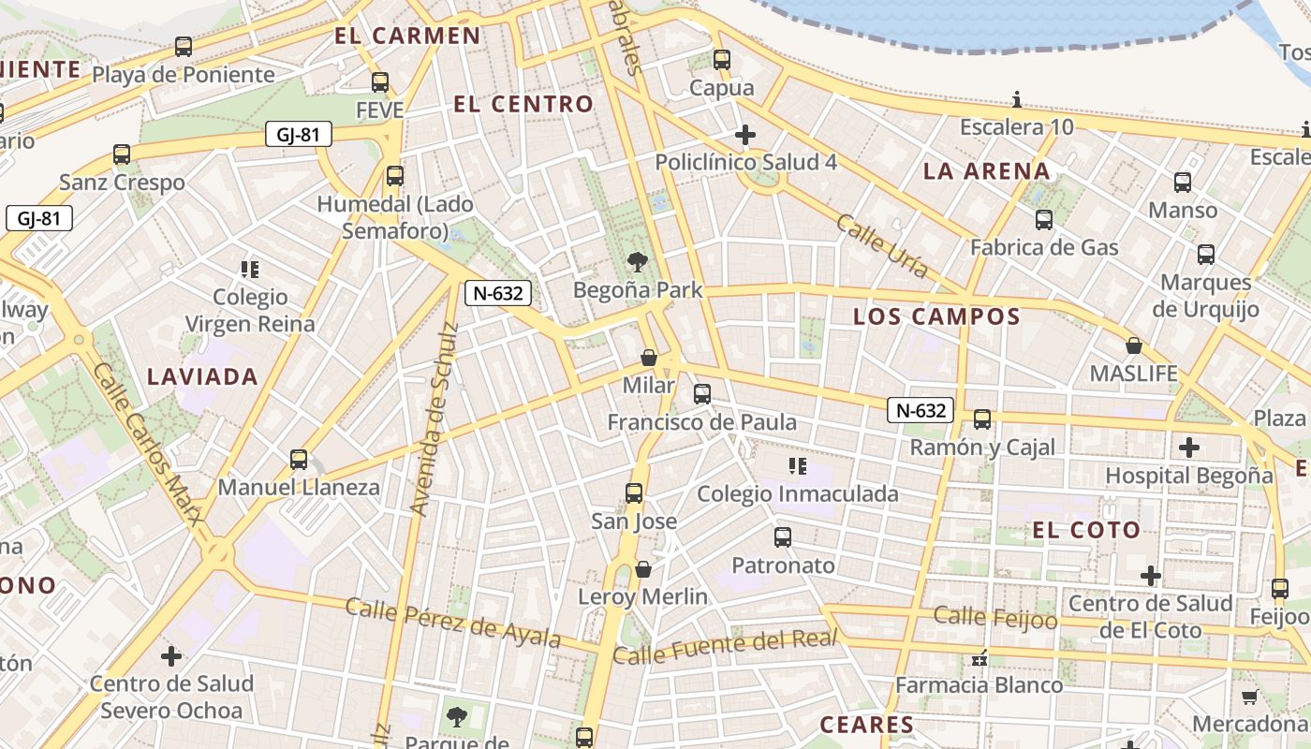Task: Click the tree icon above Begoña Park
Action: [x=638, y=261]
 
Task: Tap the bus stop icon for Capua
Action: [x=721, y=59]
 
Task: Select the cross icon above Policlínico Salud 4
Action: [x=745, y=135]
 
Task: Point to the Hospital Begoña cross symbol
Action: [x=1189, y=448]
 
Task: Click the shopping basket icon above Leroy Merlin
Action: [x=643, y=568]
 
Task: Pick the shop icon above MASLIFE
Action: [x=1133, y=345]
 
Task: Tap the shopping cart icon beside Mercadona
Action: [x=1248, y=697]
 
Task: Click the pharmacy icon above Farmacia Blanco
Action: [x=980, y=658]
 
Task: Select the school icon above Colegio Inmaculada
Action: [x=798, y=465]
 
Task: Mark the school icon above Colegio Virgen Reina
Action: [x=249, y=270]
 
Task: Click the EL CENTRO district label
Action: [x=523, y=104]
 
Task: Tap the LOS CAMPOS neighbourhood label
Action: [x=936, y=316]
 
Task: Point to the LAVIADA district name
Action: [x=202, y=376]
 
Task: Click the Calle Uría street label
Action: [x=882, y=246]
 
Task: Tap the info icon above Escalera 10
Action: [x=1017, y=99]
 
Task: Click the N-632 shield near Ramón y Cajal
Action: [x=921, y=410]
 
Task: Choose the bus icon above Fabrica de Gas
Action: [x=1043, y=220]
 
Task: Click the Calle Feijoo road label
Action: [x=995, y=617]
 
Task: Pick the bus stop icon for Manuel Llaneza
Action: [x=299, y=459]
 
